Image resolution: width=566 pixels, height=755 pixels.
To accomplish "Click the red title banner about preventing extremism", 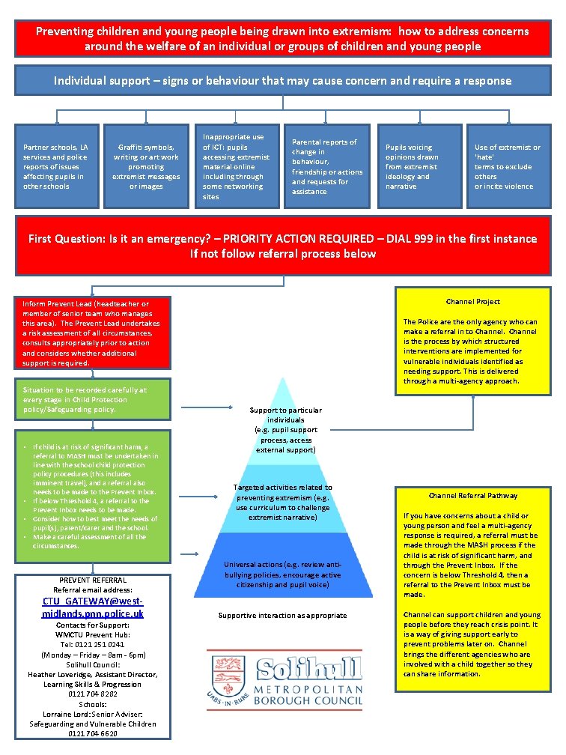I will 283,38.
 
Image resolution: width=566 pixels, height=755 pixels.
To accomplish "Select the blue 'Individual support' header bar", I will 283,80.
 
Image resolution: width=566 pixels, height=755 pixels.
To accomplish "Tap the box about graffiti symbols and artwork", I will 146,166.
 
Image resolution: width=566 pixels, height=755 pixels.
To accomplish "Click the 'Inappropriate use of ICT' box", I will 237,166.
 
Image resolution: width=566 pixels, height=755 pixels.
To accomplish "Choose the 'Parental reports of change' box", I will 327,166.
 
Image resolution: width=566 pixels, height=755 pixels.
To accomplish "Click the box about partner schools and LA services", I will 56,166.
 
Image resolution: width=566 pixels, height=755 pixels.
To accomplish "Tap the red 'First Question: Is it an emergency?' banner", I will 283,246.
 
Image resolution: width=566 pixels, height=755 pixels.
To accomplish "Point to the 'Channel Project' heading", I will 473,302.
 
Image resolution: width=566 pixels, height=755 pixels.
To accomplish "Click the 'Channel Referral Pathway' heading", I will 473,496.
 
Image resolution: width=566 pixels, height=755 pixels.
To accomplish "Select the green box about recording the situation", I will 91,399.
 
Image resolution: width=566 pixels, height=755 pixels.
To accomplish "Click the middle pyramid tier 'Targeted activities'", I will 282,502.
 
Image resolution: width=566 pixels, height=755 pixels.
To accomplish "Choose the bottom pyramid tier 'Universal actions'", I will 282,574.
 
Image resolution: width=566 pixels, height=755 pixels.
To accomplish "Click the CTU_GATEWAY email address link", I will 93,607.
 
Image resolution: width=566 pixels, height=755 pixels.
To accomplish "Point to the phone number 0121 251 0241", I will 93,644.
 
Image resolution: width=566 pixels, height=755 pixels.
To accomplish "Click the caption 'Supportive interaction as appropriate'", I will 282,616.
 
